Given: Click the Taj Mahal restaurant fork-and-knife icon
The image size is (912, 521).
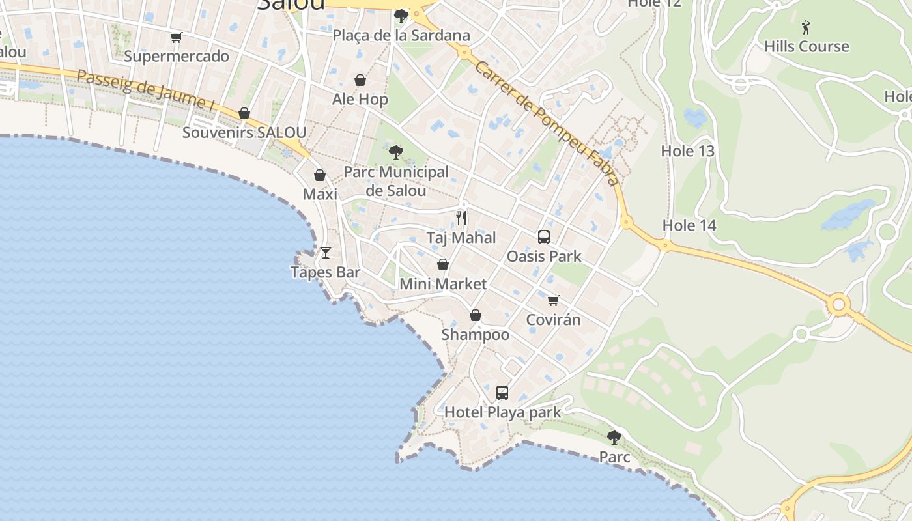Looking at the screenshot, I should (x=461, y=218).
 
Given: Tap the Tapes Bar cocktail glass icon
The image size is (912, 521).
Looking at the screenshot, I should (x=326, y=253).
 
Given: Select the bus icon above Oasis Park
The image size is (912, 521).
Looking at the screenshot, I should (x=544, y=237).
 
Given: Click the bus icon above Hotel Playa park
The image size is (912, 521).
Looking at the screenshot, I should (x=502, y=393).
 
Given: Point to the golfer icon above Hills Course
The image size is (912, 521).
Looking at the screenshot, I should (x=806, y=27).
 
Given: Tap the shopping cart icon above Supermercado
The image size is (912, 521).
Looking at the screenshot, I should (x=176, y=38).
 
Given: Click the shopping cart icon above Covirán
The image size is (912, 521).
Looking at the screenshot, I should (x=553, y=300).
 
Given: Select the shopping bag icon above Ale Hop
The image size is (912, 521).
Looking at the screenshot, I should (x=360, y=80).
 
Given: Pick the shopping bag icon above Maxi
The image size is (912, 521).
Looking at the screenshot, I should (x=320, y=175).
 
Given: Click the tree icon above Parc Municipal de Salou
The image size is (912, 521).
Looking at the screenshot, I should (x=395, y=153).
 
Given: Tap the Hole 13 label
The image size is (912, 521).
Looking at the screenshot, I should (x=688, y=151).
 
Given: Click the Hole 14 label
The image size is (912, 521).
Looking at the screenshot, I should (x=689, y=225).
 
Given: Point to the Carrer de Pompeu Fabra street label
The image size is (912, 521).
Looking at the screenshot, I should (x=546, y=123).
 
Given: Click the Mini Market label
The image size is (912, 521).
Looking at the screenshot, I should (x=443, y=284).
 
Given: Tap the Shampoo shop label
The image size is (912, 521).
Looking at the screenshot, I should (x=476, y=335).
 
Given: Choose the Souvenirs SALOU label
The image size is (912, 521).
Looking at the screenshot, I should (x=244, y=132).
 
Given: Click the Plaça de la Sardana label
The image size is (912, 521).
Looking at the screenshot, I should (x=401, y=35).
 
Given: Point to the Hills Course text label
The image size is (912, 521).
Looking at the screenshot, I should (x=806, y=46).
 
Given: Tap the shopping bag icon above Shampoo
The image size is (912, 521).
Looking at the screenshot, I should (x=476, y=316).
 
